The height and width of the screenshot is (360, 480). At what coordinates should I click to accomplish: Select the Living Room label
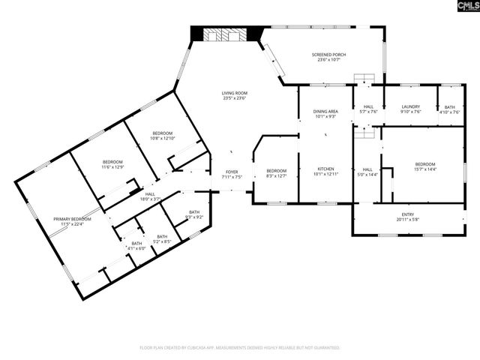click(235, 95)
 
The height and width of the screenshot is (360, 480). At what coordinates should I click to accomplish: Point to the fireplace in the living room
click(226, 34)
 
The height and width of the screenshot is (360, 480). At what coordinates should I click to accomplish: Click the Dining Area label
click(325, 114)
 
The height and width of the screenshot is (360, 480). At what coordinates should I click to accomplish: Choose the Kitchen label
click(325, 171)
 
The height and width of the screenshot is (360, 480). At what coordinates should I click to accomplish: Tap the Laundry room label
click(410, 109)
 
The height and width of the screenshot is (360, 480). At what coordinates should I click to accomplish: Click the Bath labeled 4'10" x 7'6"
click(450, 109)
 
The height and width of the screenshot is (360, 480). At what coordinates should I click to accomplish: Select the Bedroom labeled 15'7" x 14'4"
click(424, 166)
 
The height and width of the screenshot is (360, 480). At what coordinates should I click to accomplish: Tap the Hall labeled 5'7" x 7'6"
click(367, 109)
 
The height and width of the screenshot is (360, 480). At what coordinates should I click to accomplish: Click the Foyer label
click(232, 175)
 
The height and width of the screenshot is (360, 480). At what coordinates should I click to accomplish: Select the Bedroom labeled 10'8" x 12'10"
click(162, 136)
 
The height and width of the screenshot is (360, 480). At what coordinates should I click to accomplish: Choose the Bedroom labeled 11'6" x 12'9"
click(112, 164)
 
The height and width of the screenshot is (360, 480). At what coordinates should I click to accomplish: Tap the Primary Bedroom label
click(72, 221)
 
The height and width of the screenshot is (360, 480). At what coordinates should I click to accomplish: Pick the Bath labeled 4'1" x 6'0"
click(137, 245)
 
